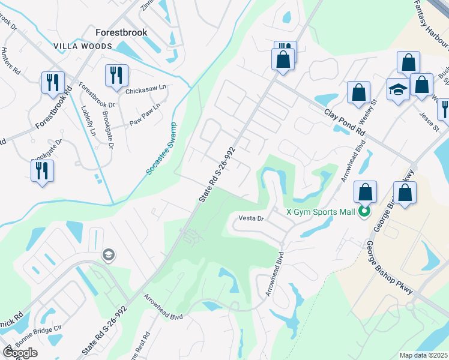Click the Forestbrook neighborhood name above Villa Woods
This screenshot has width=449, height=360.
click(121, 33)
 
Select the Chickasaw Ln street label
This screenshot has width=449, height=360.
click(145, 91)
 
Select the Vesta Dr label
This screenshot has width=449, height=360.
click(252, 218)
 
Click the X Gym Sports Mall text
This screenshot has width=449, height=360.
click(322, 211)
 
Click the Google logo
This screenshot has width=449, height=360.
click(20, 353)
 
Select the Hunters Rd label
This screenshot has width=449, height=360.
click(12, 61)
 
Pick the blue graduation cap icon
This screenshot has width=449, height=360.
click(398, 91)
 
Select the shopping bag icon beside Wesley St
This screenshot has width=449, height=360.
click(358, 94)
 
